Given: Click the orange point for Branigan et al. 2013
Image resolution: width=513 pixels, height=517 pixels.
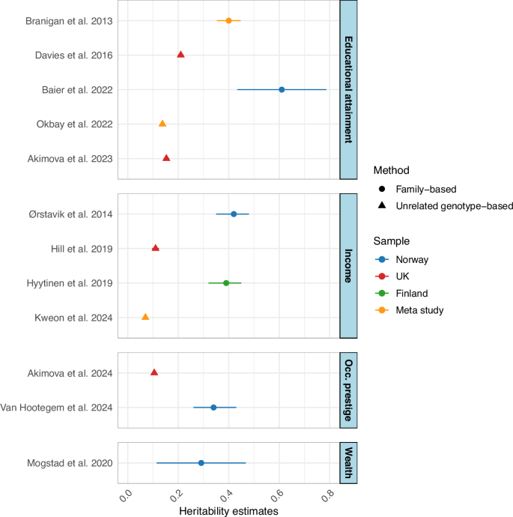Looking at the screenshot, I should pos(228,20).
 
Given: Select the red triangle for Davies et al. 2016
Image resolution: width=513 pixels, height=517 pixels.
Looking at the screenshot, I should pos(180,55).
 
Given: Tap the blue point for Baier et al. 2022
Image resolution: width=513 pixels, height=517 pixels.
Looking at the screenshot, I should pos(282,89).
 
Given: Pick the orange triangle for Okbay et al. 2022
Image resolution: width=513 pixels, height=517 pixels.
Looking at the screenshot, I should pos(163,124).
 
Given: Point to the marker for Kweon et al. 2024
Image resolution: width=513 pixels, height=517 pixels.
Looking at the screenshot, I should pos(145,317).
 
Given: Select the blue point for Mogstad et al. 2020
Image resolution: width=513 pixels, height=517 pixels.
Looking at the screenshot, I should pos(201,463).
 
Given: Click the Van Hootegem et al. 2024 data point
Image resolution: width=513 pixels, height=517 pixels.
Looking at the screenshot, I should pos(213,408).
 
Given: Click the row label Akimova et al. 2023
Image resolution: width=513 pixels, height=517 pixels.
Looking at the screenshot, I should pos(73,158).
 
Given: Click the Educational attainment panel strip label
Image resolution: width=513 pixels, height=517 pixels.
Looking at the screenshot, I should pos(348,90).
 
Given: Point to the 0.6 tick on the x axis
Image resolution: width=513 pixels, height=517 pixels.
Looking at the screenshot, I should pos(277,495).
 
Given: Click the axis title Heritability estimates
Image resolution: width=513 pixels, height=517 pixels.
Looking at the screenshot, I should pos(228,510).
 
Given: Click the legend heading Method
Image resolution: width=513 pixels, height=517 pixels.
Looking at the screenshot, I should pos(392,170).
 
